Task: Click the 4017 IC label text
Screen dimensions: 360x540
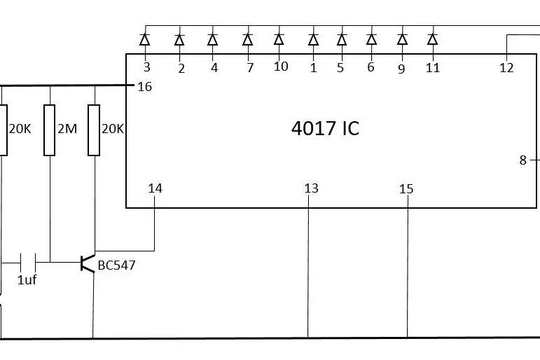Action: (x=325, y=129)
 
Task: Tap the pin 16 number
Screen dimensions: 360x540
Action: (x=144, y=87)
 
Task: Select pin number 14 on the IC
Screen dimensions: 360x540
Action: (x=155, y=188)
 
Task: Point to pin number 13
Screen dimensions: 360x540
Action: (x=311, y=188)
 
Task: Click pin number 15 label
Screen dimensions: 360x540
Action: (x=406, y=189)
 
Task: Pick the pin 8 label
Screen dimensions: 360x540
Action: (x=522, y=160)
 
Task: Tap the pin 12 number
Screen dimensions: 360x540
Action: (x=506, y=68)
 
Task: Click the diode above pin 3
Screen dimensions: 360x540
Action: (x=146, y=39)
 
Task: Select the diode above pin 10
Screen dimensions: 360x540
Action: (x=279, y=39)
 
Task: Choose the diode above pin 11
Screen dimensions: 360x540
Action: (x=432, y=39)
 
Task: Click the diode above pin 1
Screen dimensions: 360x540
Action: (x=313, y=39)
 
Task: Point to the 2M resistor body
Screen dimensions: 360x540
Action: (x=50, y=130)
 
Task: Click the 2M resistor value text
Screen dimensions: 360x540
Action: (x=67, y=130)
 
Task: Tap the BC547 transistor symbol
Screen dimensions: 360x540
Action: (x=88, y=263)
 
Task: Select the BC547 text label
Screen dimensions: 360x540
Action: (x=116, y=265)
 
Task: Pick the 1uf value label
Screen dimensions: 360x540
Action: (x=27, y=280)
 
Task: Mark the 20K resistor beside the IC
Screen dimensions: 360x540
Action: (x=94, y=130)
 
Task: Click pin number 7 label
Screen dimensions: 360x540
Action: (x=249, y=68)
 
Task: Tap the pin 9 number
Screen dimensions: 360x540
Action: (x=401, y=69)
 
